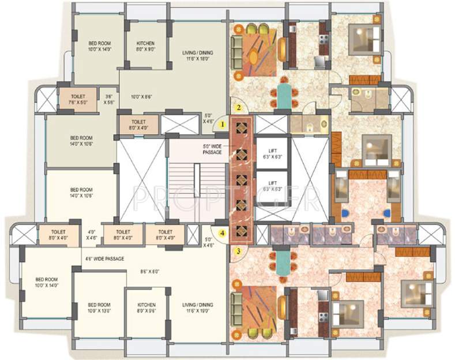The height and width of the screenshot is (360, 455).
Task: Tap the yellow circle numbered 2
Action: [x=237, y=107]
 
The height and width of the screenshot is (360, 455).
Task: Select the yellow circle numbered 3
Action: [x=237, y=251]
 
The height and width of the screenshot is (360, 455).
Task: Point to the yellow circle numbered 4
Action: [x=222, y=234]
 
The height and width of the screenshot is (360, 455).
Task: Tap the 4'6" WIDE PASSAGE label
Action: [x=104, y=259]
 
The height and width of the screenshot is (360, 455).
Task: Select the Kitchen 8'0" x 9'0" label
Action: [x=145, y=46]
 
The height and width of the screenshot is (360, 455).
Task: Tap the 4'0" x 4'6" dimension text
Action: [x=91, y=234]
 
